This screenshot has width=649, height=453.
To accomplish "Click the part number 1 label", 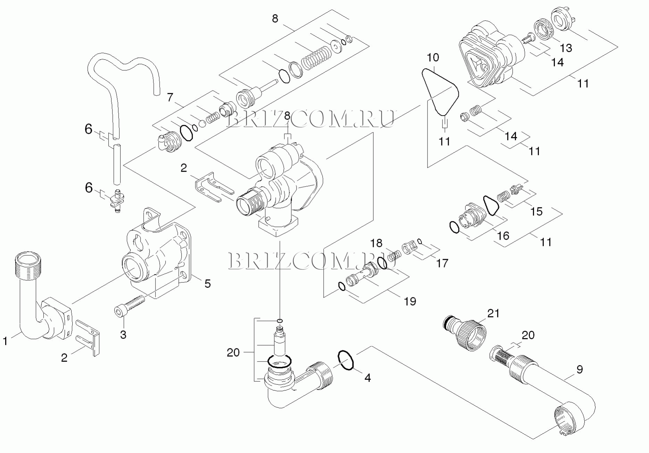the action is pos(5,341).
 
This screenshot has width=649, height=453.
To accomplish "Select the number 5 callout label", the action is pos(207,284).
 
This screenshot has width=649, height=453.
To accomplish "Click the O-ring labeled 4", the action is pos(346,360).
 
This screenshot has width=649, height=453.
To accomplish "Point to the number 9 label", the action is pos(580,370).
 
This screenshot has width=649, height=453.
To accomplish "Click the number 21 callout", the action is pos(493,313).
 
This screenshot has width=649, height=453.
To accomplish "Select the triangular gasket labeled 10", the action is pos(440,92).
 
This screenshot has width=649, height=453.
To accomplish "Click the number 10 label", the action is pos(433,58).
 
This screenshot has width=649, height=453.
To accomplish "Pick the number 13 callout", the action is pos(566,48).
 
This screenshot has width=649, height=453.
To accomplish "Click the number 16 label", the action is pos(503,236).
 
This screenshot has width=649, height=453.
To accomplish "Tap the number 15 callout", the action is pos(536,211).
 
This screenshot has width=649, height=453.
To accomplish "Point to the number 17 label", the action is pos(442,263).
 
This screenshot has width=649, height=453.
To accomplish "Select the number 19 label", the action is pos(410,301).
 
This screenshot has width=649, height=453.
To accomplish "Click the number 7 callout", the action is pos(170,98).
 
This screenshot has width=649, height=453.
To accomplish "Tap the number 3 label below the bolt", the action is pos(123,335).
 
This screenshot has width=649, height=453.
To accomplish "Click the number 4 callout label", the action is pos(367,378).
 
